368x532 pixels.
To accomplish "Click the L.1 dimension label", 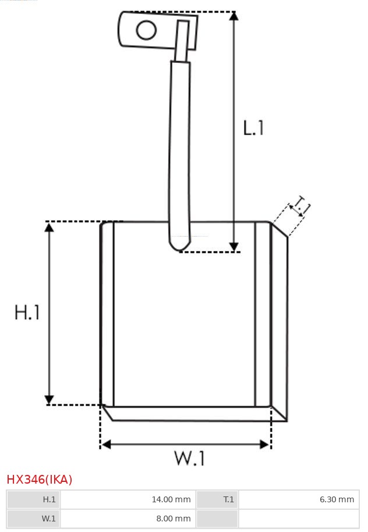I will click(x=253, y=128).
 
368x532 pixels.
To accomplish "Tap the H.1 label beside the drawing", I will click(x=27, y=312).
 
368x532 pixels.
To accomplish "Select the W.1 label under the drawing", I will click(x=190, y=459).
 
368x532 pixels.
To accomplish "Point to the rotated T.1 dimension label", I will click(x=300, y=207).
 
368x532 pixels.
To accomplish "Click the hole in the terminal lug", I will click(x=146, y=30).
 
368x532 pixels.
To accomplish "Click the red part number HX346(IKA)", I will click(x=40, y=480).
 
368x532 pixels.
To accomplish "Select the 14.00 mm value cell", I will click(x=128, y=499).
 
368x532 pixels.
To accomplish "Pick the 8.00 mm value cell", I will click(x=128, y=518).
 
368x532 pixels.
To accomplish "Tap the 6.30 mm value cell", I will click(x=298, y=499).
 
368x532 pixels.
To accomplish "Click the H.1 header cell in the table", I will click(x=34, y=499).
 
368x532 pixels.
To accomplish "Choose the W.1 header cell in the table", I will click(x=34, y=518).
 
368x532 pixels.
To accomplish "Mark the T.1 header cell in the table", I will click(x=217, y=499).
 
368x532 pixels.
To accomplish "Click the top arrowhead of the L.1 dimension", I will click(x=233, y=16).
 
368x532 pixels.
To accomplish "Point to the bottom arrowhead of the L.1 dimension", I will click(x=233, y=246).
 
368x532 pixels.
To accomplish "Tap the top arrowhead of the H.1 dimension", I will click(x=49, y=227).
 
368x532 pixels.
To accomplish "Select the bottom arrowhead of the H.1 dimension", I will click(x=49, y=399).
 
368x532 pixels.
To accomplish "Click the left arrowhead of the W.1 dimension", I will click(x=105, y=445).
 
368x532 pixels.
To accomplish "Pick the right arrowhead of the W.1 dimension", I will click(x=266, y=445).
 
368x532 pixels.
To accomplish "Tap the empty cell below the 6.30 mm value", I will click(x=298, y=518).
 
